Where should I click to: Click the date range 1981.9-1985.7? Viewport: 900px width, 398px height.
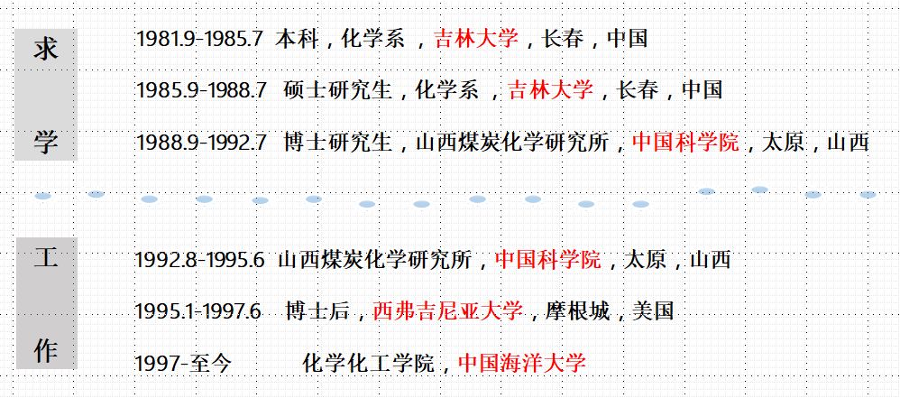point(199,39)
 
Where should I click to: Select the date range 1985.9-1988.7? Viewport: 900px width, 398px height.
point(201,90)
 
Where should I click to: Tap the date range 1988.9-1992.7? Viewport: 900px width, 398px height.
point(201,143)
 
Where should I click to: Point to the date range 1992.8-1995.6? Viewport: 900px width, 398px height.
point(199,261)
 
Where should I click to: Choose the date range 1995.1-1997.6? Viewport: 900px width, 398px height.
point(197,312)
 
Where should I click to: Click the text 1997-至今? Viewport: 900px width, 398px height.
point(183,364)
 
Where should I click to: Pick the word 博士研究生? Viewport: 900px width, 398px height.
point(338,143)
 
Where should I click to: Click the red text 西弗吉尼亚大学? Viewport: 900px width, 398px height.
point(447,312)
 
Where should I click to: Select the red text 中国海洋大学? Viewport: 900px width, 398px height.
point(522,364)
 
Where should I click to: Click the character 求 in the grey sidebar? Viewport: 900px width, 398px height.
point(46,49)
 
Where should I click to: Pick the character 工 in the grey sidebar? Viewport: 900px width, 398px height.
point(46,258)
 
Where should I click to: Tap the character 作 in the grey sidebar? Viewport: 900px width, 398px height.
point(46,350)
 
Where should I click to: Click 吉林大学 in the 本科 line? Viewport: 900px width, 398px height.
point(476,39)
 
